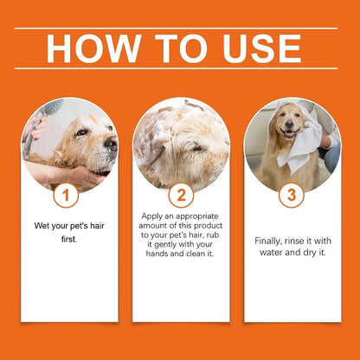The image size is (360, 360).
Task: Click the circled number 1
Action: tap(61, 196)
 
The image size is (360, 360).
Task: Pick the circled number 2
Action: tap(181, 196)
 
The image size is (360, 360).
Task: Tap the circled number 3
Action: tap(291, 196)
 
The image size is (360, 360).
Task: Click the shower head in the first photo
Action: tap(52, 112)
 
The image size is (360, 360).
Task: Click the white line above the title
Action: tap(180, 28)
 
